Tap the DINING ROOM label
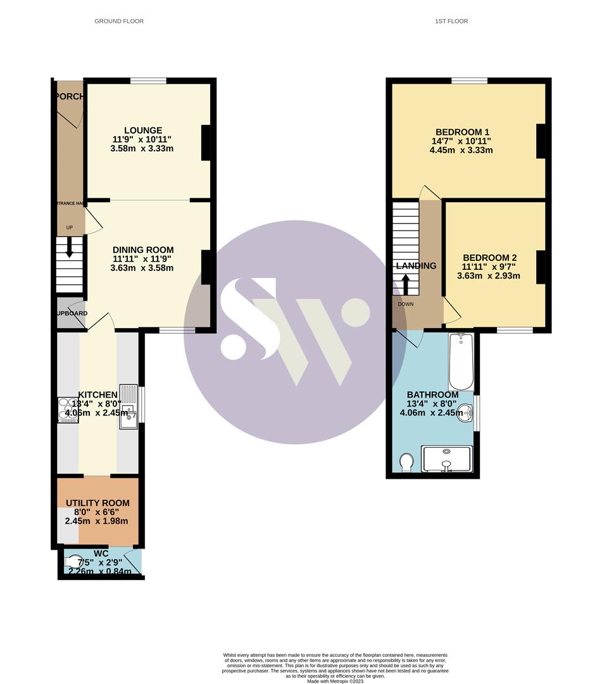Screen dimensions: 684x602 pos(143,250)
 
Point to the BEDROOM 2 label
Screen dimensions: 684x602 pos(490,258)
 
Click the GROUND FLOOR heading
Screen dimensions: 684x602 pos(119,21)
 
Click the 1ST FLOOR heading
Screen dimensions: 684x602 pos(451,21)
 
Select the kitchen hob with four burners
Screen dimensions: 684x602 pos(67,409)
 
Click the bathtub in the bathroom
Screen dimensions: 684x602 pos(461,362)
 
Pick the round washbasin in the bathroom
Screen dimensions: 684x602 pos(467,413)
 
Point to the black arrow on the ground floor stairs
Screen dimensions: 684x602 pos(69,249)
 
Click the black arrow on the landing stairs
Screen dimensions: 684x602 pos(406,284)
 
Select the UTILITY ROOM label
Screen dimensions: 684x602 pos(97,503)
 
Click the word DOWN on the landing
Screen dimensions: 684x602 pos(406,304)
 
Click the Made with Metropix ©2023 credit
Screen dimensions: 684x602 pos(335,681)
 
